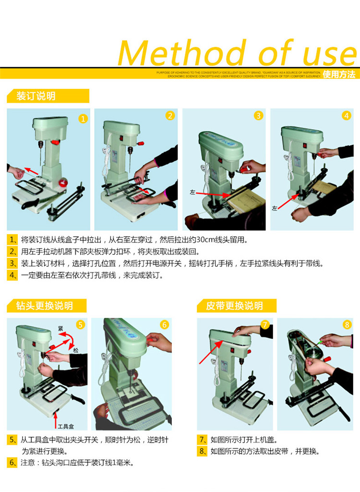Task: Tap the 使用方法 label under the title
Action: (x=339, y=74)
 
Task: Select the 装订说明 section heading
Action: (x=36, y=96)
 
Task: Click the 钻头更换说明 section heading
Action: (x=45, y=306)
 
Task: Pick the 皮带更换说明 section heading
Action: (x=234, y=306)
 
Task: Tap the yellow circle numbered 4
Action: (x=346, y=116)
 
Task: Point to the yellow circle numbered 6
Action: (x=165, y=325)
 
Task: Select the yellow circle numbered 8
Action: (x=347, y=325)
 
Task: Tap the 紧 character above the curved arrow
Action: (x=61, y=328)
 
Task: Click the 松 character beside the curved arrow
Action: (x=76, y=350)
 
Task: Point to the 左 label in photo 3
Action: (x=193, y=192)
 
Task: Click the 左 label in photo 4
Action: (x=275, y=208)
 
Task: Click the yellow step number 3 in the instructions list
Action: (x=12, y=263)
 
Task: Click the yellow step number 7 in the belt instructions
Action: (x=203, y=439)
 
